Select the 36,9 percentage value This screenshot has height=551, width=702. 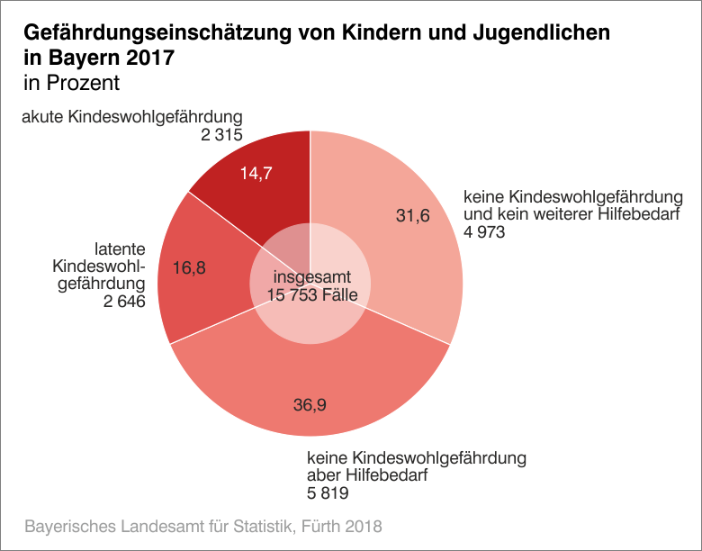point(310,405)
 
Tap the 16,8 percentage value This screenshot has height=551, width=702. point(189,267)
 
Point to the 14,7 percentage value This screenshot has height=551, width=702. point(256,174)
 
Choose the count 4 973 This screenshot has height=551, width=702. point(484,231)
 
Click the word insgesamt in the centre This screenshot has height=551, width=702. point(311,277)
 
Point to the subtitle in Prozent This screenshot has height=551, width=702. point(72,84)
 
